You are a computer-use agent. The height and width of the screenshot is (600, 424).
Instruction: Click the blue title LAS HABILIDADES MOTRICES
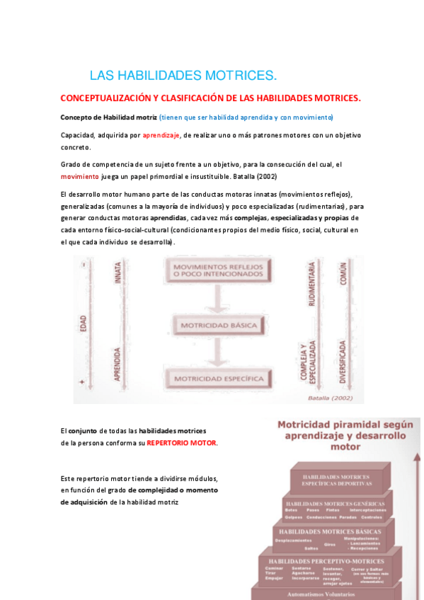point(183,76)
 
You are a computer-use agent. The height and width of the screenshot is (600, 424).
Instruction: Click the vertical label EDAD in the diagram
point(84,323)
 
